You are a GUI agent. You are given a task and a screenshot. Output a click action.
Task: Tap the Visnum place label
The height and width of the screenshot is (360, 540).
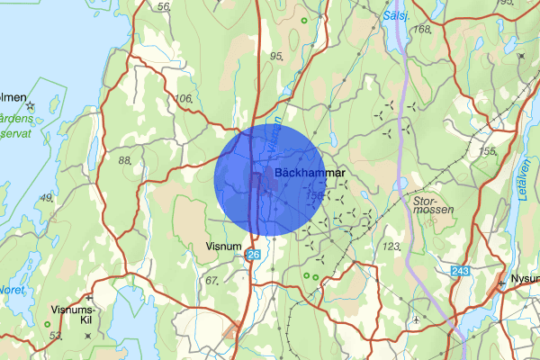click(x=222, y=245)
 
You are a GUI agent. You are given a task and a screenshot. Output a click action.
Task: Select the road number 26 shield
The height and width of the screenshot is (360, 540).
click(x=254, y=256)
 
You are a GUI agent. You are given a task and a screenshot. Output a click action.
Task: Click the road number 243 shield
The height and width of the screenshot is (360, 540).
click(x=462, y=271)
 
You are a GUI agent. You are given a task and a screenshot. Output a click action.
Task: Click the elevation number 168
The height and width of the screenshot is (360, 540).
click(x=423, y=30)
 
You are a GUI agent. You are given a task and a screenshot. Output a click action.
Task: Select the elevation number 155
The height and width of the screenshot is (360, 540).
click(x=488, y=151)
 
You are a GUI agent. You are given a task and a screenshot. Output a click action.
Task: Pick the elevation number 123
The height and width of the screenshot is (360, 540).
click(x=391, y=246)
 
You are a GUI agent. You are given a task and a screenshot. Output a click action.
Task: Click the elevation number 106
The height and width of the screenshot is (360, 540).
click(x=184, y=98)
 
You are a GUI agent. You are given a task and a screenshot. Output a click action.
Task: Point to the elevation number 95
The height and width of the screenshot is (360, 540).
click(x=276, y=56)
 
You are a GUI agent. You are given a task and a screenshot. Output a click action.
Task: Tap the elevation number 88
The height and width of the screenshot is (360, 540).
click(x=125, y=159)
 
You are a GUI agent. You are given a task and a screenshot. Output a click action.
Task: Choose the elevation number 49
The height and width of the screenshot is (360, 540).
click(x=46, y=197)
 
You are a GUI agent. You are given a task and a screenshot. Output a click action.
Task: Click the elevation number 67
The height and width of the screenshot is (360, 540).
click(x=211, y=281)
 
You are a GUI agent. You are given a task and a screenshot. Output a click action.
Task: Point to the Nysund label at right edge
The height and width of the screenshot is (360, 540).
click(x=524, y=278)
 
